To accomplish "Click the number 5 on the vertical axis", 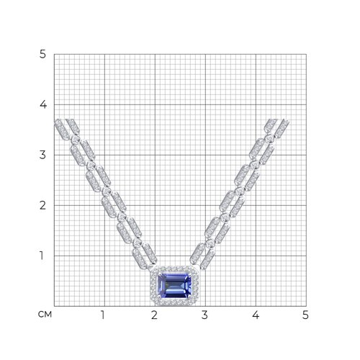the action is point(42,55).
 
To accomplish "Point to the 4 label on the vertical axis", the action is point(43,104).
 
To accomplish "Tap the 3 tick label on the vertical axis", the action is point(42,155).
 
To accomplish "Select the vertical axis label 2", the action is point(42,205).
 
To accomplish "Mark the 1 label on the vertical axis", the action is point(42,256).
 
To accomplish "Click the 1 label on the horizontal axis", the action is point(103,315).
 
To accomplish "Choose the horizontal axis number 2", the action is point(154,315).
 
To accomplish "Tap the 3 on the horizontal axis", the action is point(204,315).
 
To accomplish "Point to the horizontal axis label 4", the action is point(256,315).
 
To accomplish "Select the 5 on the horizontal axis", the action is point(305,315).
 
